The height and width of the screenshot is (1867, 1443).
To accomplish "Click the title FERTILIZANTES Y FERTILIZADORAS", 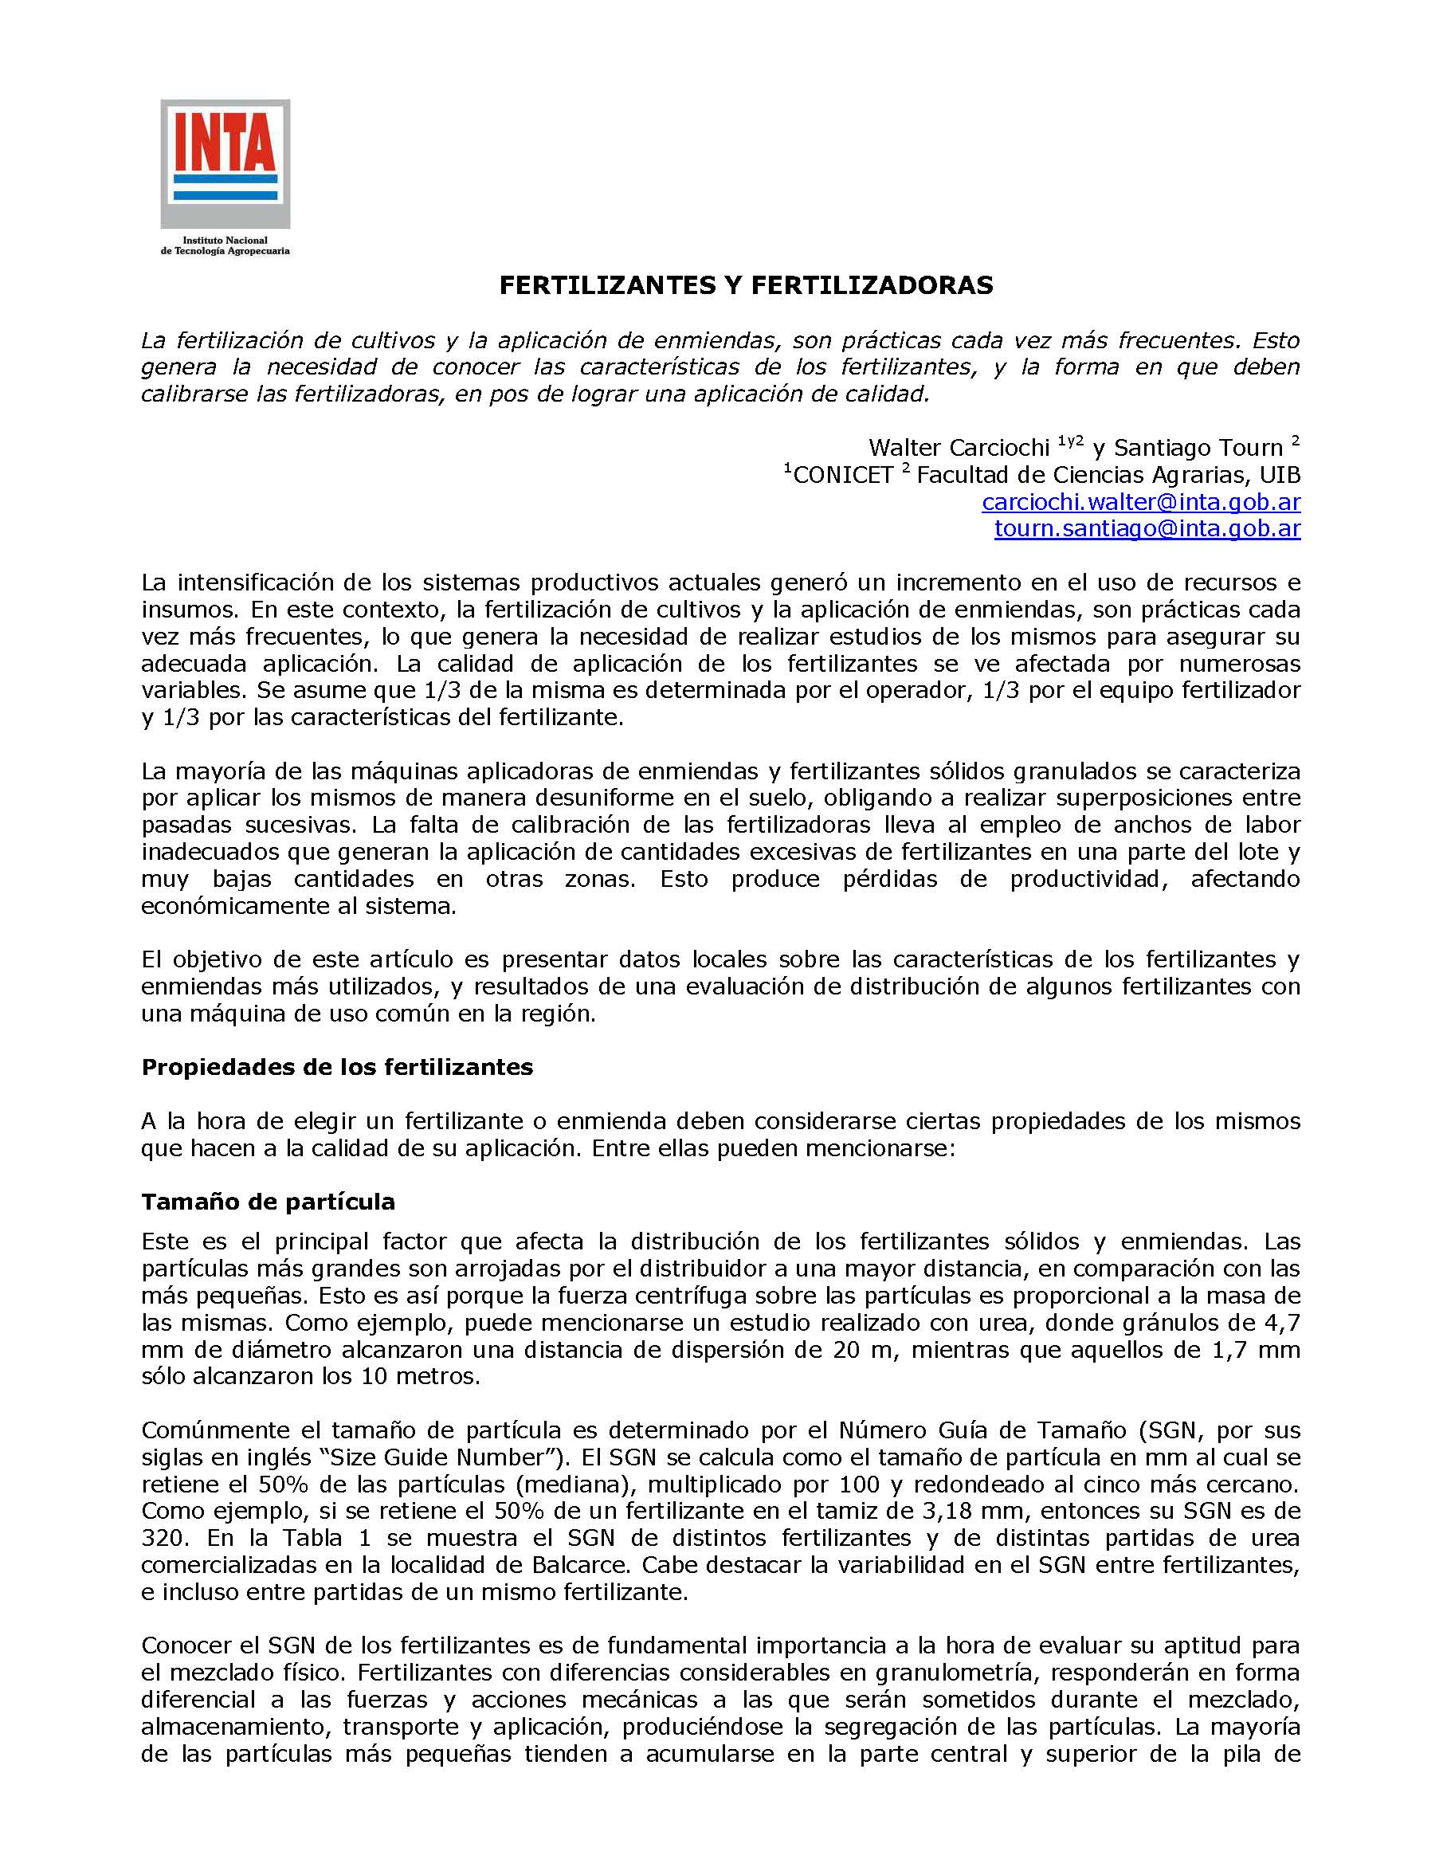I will (746, 285).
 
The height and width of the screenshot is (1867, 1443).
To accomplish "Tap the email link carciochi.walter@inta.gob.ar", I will (1141, 502).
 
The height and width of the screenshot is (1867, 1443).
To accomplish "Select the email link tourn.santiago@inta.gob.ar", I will (1147, 528).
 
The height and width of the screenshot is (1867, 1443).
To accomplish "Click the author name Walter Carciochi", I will (959, 447).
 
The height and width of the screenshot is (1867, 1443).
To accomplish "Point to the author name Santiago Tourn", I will (1198, 447).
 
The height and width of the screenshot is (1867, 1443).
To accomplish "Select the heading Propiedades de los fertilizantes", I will (337, 1067).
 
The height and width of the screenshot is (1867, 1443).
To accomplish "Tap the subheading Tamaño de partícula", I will (268, 1201).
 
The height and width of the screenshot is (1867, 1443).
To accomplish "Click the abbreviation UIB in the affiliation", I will (1280, 474).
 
